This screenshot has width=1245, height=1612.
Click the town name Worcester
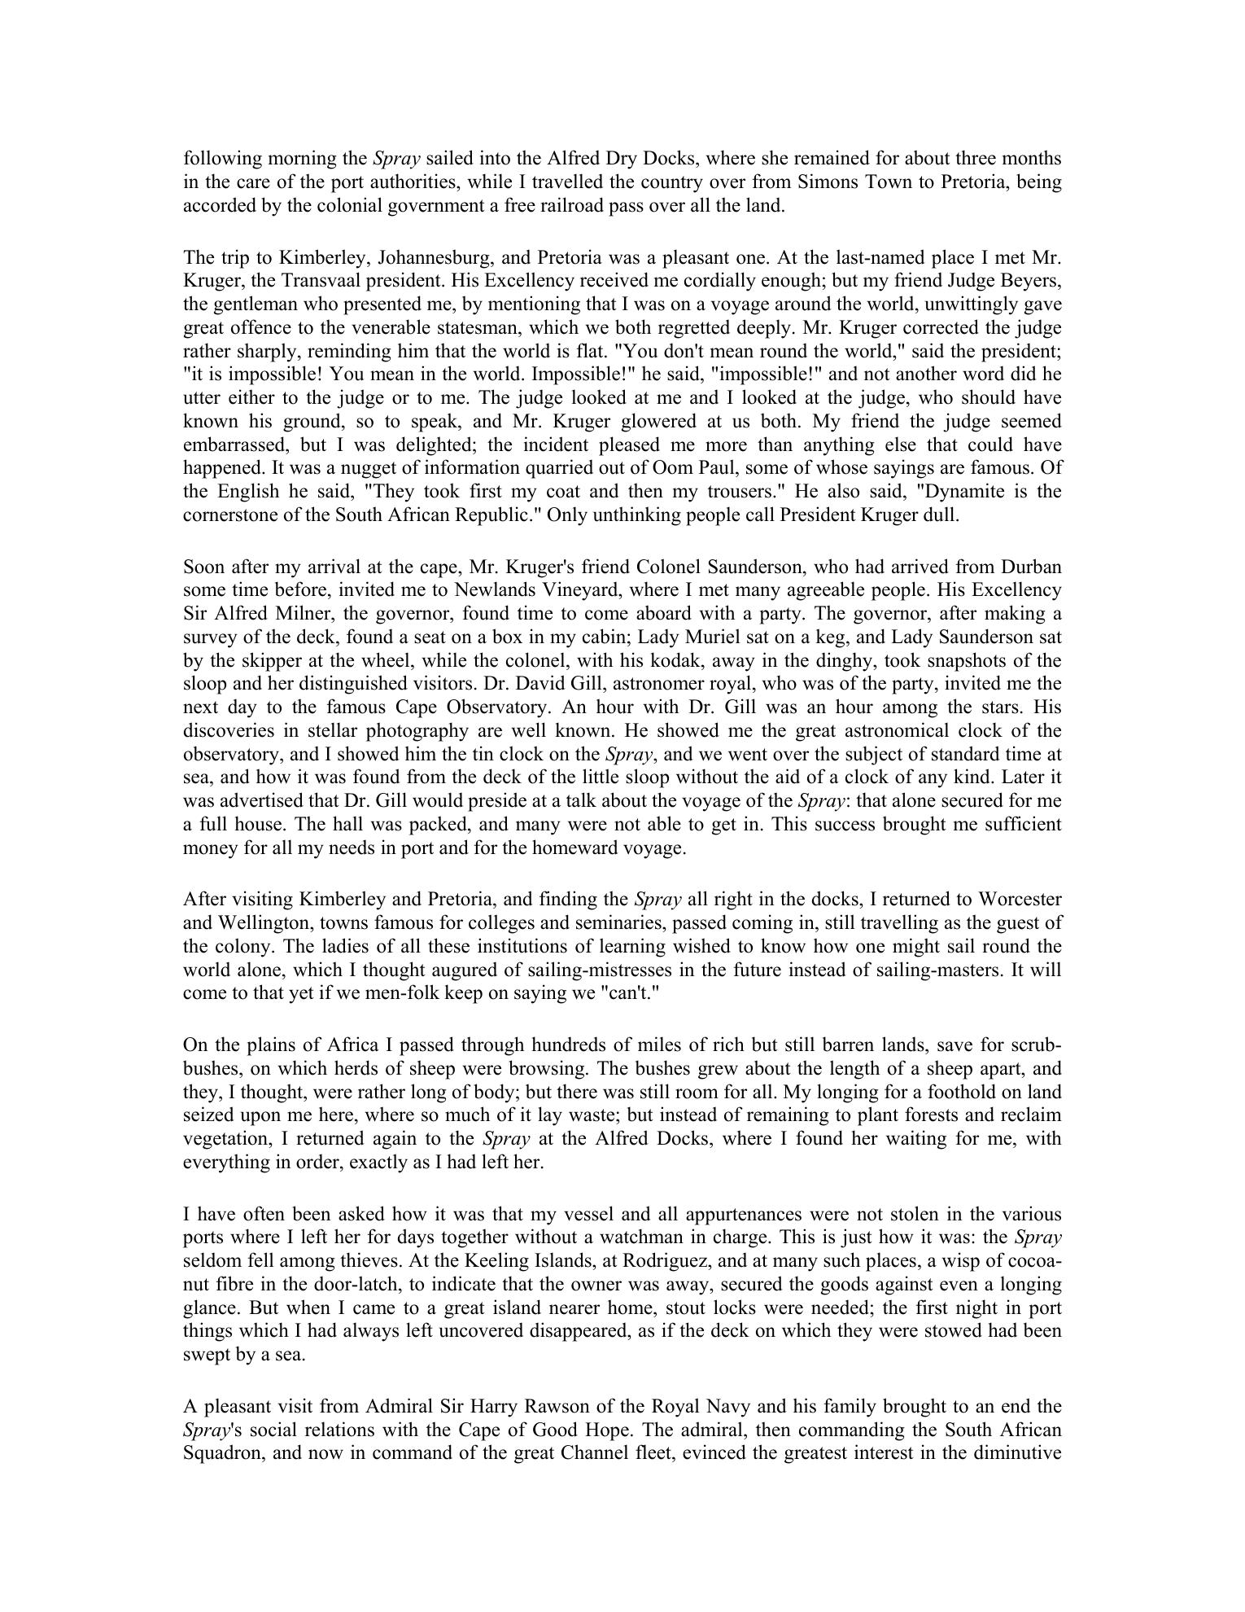(1019, 900)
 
